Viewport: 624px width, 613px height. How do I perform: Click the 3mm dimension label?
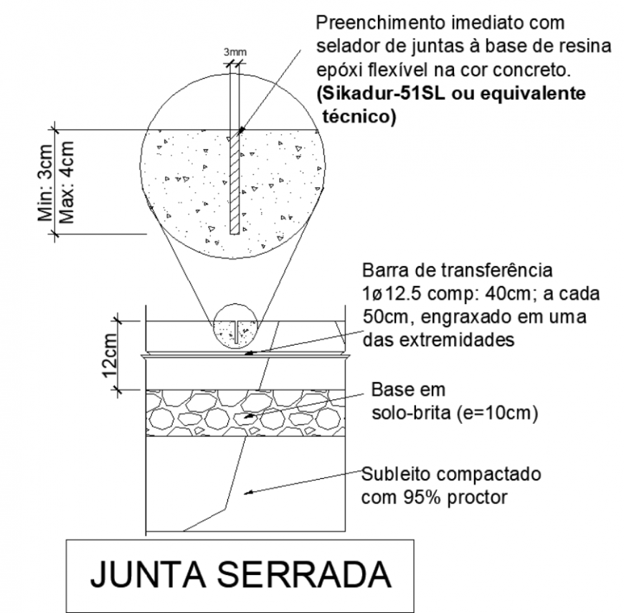234,52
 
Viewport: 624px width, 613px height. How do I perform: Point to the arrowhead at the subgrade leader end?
246,491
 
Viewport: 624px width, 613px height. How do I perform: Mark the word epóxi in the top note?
336,71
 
